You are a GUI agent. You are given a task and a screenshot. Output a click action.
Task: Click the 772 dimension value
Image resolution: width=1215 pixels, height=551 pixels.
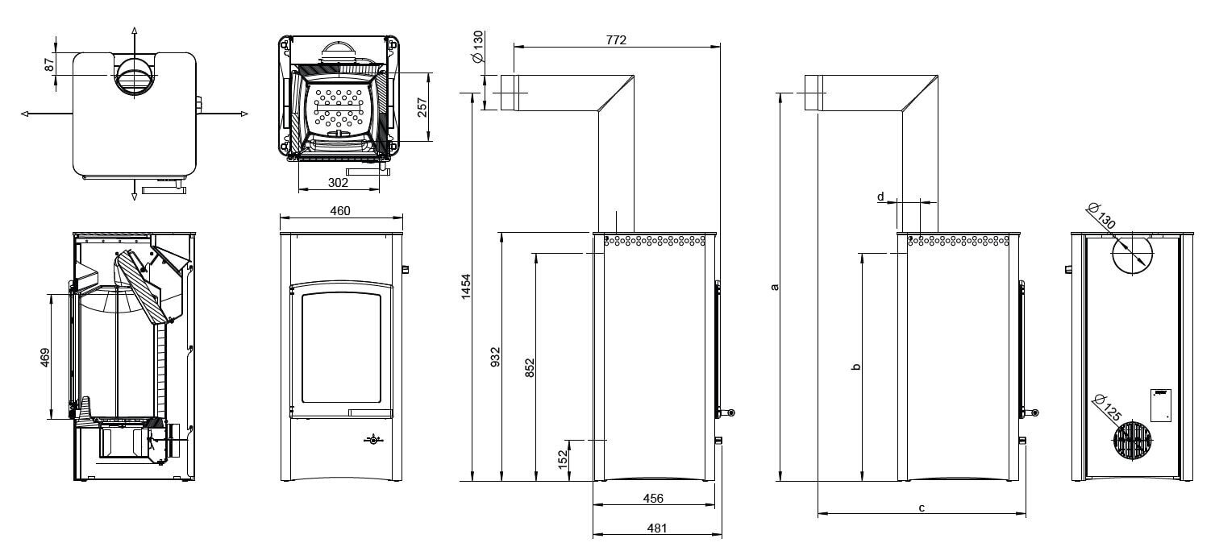[x=616, y=39]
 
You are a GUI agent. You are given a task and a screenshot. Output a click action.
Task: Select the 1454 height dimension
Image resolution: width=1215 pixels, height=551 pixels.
[x=465, y=288]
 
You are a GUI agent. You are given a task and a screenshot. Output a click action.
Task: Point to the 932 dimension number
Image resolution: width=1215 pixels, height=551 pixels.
[x=496, y=356]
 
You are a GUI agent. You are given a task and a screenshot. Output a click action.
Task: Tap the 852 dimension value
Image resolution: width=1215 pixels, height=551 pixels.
[x=530, y=367]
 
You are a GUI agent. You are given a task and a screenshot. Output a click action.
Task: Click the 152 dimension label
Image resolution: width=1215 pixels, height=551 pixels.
[x=564, y=460]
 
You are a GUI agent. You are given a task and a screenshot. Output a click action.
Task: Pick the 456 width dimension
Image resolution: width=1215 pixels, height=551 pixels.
[x=653, y=499]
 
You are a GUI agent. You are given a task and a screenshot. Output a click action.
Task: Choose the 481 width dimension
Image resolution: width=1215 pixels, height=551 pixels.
[x=653, y=528]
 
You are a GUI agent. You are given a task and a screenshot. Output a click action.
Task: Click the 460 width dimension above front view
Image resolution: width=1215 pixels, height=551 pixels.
[x=340, y=211]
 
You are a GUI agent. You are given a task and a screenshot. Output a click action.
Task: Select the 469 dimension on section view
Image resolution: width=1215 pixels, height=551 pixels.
[x=45, y=357]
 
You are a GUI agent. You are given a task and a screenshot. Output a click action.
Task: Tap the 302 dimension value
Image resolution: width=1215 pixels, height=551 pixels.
[x=338, y=183]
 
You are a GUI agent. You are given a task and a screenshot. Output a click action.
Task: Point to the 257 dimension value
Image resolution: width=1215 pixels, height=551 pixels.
[x=422, y=106]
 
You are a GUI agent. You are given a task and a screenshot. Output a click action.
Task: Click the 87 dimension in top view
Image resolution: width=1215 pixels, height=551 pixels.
[x=49, y=63]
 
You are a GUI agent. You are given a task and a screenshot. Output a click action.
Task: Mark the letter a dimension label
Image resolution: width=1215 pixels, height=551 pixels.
[x=775, y=286]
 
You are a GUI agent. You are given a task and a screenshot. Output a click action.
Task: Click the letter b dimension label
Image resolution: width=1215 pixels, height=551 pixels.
[x=856, y=367]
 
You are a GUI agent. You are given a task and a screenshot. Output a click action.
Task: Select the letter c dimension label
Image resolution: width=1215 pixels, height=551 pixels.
[x=921, y=507]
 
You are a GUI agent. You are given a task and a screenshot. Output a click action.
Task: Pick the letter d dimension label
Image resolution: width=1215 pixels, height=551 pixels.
[x=880, y=196]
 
